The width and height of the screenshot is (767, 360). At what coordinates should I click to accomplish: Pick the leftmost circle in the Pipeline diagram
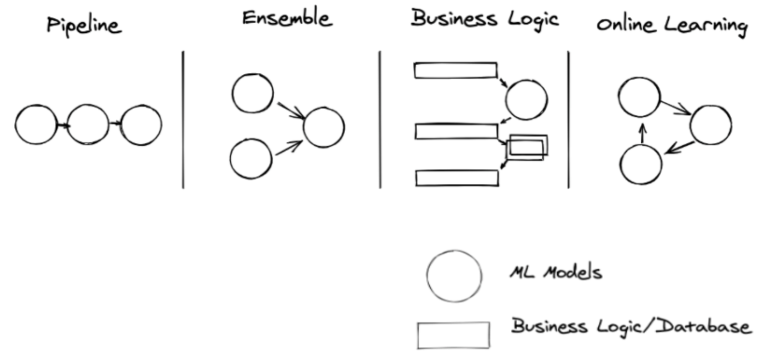click(36, 125)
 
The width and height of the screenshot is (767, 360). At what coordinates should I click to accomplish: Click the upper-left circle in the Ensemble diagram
click(253, 94)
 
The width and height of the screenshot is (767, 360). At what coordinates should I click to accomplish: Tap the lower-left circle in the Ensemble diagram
click(251, 158)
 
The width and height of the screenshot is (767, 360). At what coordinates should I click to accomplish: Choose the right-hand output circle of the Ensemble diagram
click(323, 127)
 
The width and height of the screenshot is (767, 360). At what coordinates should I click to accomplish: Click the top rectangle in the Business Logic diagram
click(455, 70)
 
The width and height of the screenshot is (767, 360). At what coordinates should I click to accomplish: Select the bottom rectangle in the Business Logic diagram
click(457, 177)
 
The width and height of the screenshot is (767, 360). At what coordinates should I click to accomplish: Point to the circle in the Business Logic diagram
click(526, 99)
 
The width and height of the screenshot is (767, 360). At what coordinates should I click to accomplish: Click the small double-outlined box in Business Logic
click(527, 147)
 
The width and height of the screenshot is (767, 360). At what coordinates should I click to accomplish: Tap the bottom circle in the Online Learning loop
click(641, 165)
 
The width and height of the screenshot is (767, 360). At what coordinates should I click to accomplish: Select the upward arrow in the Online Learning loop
click(642, 134)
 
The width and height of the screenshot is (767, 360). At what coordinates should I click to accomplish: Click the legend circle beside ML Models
click(454, 276)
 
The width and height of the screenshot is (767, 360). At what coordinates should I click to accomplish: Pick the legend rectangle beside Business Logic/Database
click(453, 335)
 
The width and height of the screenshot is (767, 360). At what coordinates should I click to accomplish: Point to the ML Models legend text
click(555, 273)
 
